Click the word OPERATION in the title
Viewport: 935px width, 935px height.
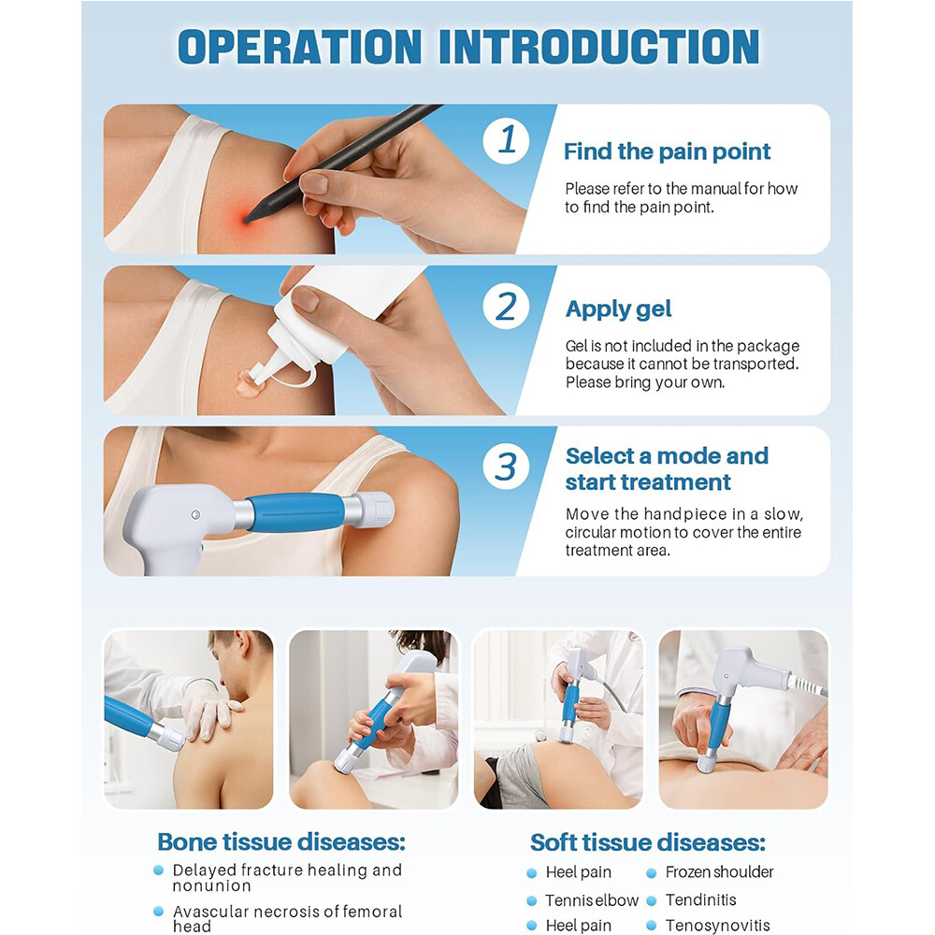click(x=300, y=47)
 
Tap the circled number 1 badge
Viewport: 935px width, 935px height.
click(x=506, y=140)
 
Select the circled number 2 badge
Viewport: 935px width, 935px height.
click(x=506, y=306)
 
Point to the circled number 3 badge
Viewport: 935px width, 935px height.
click(x=506, y=466)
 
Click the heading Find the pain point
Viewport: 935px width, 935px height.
click(x=668, y=151)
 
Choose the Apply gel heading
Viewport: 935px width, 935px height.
click(x=618, y=309)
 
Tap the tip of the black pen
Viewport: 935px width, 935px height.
click(x=245, y=221)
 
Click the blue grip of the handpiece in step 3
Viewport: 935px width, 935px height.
click(x=296, y=512)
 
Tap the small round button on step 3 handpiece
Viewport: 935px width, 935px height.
click(x=195, y=514)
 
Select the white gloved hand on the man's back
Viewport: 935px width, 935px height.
click(x=209, y=711)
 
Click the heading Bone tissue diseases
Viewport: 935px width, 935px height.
click(x=281, y=842)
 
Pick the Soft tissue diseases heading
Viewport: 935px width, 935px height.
click(x=648, y=842)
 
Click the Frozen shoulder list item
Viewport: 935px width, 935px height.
click(x=719, y=872)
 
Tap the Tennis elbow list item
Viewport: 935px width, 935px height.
click(x=592, y=899)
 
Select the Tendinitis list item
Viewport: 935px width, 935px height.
click(x=700, y=899)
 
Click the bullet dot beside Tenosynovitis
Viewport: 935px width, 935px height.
click(x=651, y=926)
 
